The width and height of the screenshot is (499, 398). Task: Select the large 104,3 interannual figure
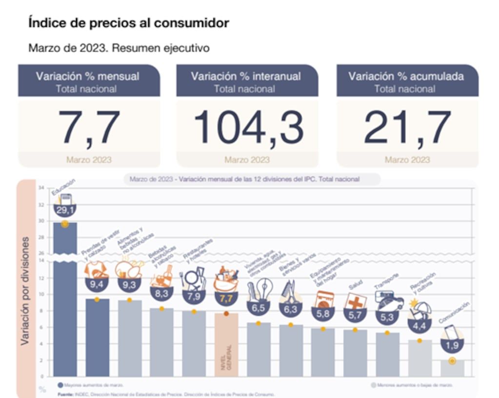click(248, 128)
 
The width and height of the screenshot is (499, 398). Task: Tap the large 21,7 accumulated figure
click(407, 128)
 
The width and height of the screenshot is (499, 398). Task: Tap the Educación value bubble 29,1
click(64, 210)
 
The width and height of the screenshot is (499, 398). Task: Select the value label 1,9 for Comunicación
click(452, 345)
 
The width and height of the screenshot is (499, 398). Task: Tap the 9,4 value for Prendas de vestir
click(97, 284)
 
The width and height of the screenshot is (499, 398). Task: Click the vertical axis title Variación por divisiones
click(25, 291)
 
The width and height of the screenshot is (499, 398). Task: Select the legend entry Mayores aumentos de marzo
click(91, 385)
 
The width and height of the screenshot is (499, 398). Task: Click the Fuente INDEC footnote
click(166, 394)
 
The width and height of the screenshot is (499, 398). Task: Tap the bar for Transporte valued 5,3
click(387, 355)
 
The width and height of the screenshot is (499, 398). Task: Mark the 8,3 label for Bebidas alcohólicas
click(161, 294)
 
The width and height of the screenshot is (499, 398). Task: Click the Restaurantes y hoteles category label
click(197, 249)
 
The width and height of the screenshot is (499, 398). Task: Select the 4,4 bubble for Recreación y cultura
click(419, 325)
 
